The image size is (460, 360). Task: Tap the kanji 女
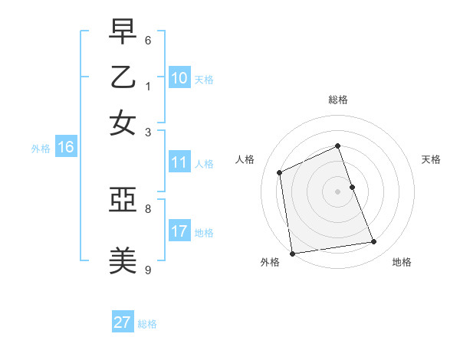click(x=123, y=123)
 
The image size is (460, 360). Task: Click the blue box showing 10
click(x=179, y=78)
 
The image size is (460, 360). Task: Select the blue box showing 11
click(x=179, y=162)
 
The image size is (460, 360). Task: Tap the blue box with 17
click(x=179, y=231)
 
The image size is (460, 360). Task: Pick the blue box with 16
click(x=66, y=148)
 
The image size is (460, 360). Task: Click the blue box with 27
click(x=123, y=322)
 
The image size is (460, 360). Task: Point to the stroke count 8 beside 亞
click(x=148, y=208)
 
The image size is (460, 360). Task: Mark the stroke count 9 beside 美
click(x=148, y=269)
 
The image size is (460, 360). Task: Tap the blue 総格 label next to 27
click(x=147, y=324)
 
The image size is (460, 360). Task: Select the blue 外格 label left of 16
click(x=41, y=149)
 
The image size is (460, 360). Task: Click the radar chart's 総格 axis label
click(x=338, y=100)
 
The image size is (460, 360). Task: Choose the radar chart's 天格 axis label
click(x=431, y=159)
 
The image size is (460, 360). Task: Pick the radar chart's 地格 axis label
click(x=402, y=262)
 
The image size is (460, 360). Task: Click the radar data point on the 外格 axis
click(x=292, y=254)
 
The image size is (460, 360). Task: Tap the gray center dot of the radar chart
click(x=338, y=191)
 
